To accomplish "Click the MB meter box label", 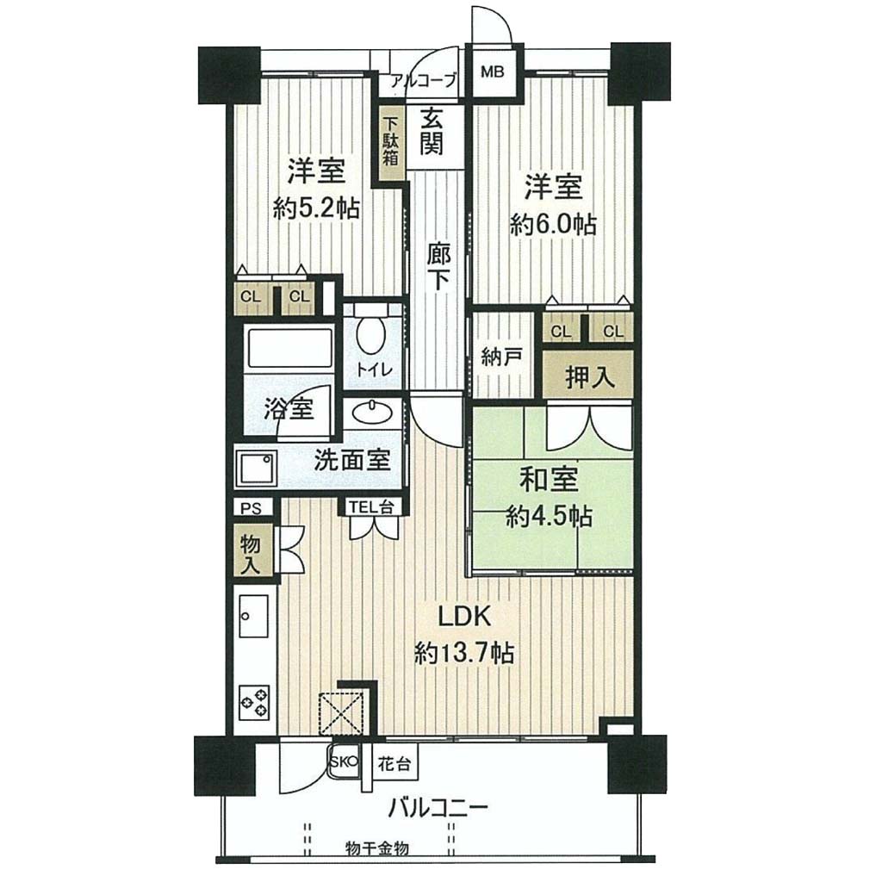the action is point(493,72).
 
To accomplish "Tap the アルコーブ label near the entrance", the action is point(422,81).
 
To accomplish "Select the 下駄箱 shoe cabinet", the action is point(391,143).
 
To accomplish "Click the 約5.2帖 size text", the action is point(316,210).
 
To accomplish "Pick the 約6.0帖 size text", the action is point(553,225).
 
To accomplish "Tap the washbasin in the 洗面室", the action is point(372,412).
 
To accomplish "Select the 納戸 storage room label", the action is point(502,356).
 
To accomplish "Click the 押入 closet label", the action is point(588,378).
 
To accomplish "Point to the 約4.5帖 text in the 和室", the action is point(549,516).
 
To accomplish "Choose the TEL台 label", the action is point(370,506).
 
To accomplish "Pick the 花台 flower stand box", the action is point(394,765).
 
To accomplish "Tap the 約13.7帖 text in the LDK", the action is point(464,655).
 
